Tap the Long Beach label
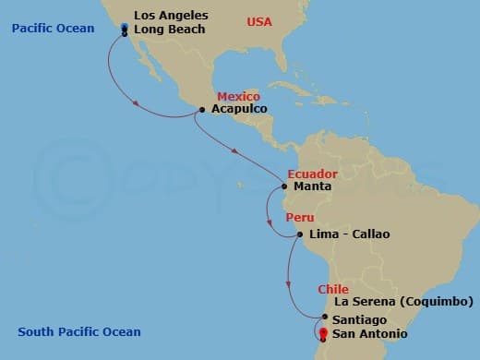[169, 30]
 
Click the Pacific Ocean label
[54, 29]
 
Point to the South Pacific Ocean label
[79, 332]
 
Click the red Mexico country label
[238, 97]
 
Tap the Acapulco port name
[239, 109]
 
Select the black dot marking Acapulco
[201, 110]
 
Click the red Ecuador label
[312, 174]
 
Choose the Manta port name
[311, 186]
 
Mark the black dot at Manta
[283, 186]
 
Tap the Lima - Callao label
[350, 234]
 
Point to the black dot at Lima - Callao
[299, 234]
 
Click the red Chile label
[333, 290]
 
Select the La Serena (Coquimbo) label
[403, 302]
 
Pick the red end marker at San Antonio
[323, 333]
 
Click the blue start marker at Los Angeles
[125, 29]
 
